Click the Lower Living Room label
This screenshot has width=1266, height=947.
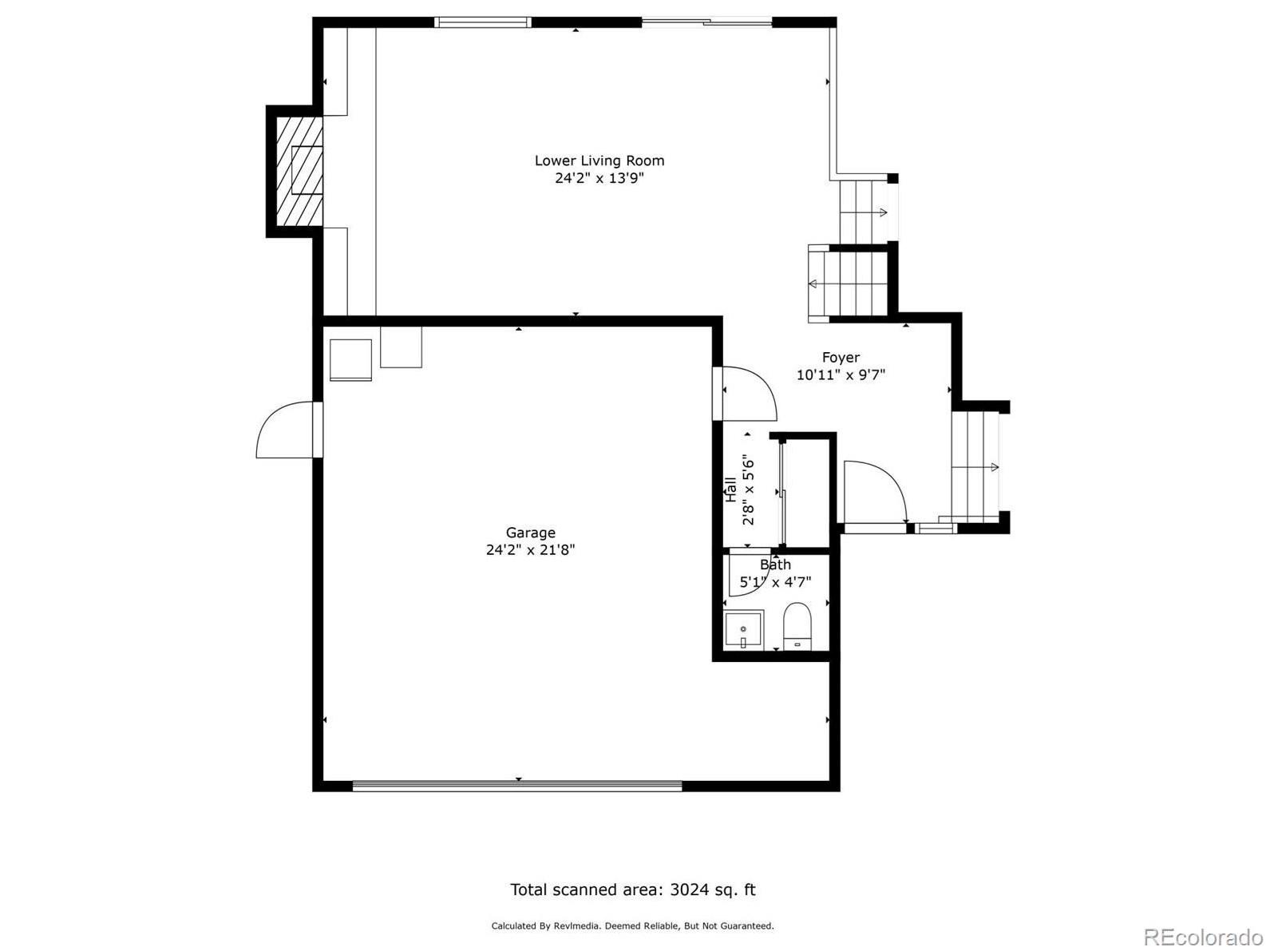(x=599, y=160)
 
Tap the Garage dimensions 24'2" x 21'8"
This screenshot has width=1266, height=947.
(x=530, y=549)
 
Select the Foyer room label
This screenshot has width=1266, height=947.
(x=841, y=358)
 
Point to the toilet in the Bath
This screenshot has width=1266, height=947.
(x=797, y=626)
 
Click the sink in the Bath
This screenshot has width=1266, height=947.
(x=743, y=630)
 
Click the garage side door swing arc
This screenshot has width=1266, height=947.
(x=283, y=431)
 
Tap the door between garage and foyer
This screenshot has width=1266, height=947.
(x=746, y=393)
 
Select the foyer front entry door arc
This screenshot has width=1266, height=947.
(x=874, y=491)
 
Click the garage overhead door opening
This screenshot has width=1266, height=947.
(x=517, y=786)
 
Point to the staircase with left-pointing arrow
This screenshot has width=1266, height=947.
(x=849, y=283)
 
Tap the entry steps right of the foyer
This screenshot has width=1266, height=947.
(x=975, y=466)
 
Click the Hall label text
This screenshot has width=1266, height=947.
(x=730, y=489)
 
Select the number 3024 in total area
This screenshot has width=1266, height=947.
(x=687, y=890)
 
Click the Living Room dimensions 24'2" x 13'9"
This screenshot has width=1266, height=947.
(x=599, y=178)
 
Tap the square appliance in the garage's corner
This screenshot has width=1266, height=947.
(x=350, y=360)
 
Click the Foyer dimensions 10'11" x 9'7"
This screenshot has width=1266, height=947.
(x=841, y=374)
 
